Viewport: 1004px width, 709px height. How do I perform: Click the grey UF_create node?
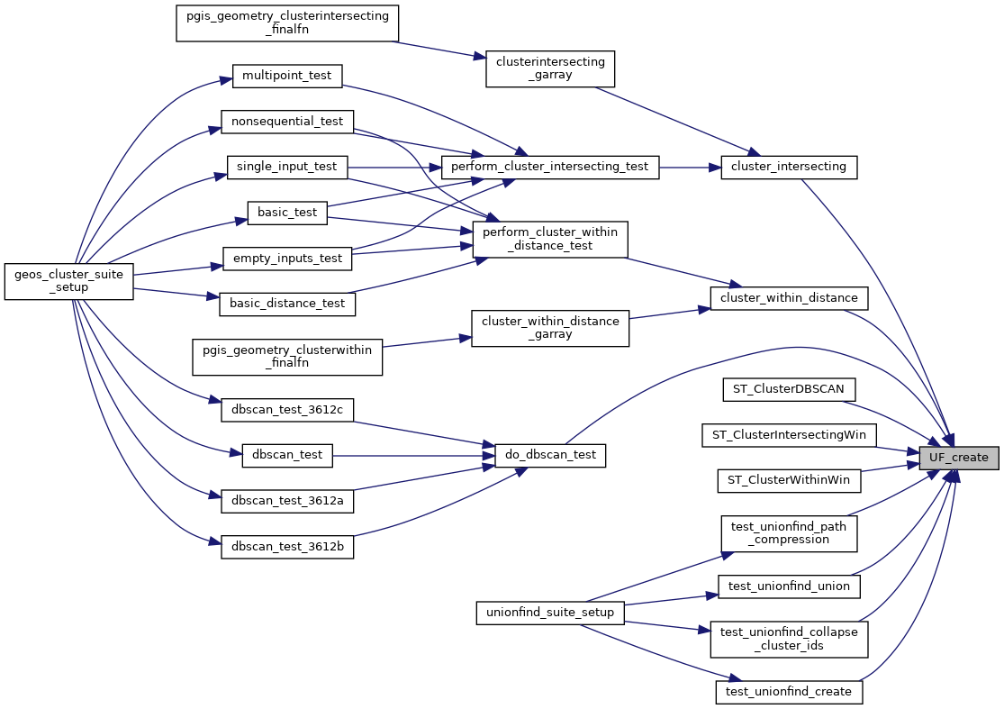(x=959, y=458)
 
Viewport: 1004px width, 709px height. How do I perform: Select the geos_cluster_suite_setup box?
(x=69, y=281)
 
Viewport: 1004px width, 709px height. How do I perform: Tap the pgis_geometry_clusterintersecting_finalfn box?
(x=286, y=23)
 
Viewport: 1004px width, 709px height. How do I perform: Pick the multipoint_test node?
(x=287, y=76)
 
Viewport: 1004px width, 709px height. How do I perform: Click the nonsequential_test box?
(x=287, y=121)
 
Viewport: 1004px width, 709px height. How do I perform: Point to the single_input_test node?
(x=287, y=167)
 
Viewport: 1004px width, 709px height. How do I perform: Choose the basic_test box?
(x=287, y=213)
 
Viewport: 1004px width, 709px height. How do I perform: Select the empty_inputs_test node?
(x=287, y=259)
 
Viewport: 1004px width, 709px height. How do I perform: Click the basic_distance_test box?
(x=287, y=304)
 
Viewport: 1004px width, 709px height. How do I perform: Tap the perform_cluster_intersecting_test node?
(x=549, y=167)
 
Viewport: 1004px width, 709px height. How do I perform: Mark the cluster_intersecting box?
(x=789, y=167)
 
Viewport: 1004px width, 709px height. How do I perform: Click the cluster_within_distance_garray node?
(x=550, y=328)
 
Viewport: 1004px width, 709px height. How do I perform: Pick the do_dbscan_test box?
(x=549, y=455)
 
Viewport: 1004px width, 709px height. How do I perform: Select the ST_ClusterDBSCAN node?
(x=789, y=389)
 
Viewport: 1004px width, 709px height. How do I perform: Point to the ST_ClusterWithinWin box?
(x=789, y=480)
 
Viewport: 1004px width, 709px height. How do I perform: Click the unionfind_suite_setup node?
(x=550, y=613)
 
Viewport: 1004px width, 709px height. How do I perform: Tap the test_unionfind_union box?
(x=789, y=586)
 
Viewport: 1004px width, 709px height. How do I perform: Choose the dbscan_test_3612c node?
(x=287, y=410)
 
